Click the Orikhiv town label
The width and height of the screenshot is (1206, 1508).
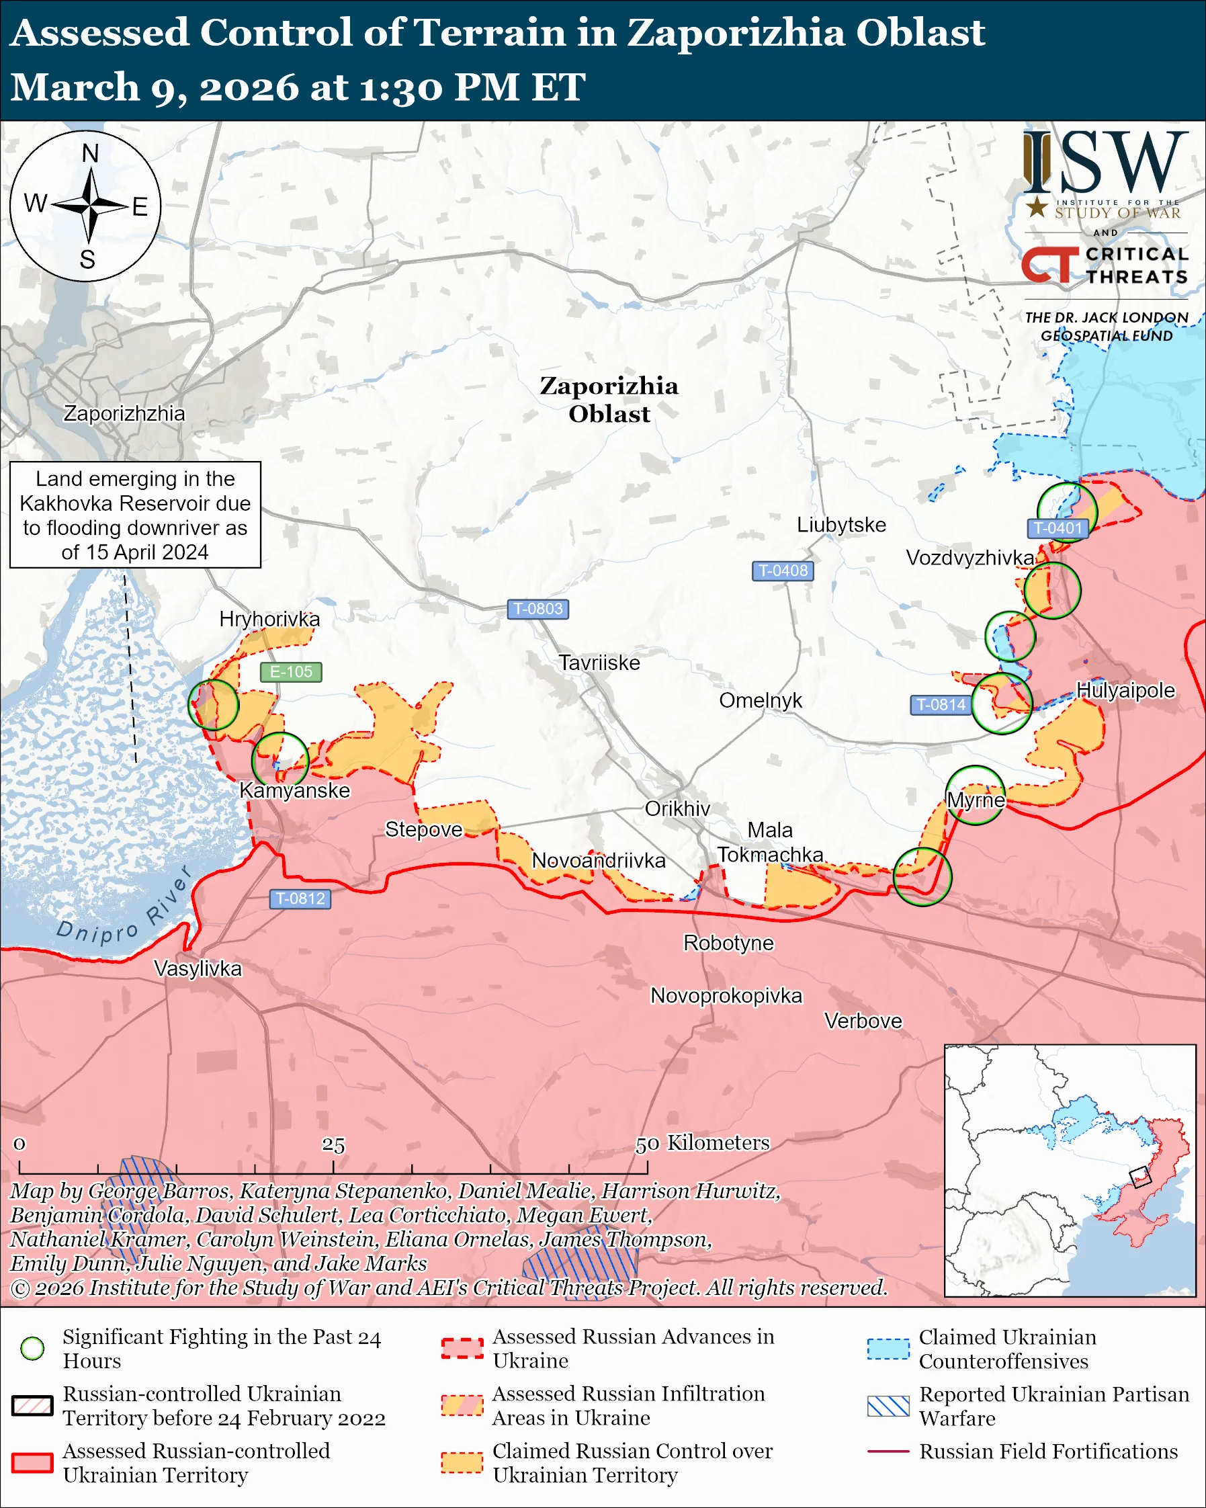pyautogui.click(x=677, y=808)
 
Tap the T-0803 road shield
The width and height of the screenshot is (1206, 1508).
pyautogui.click(x=537, y=609)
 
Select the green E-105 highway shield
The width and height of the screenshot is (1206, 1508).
pyautogui.click(x=291, y=671)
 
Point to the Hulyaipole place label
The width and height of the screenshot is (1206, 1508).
pyautogui.click(x=1125, y=689)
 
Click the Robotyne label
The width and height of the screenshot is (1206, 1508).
pyautogui.click(x=728, y=943)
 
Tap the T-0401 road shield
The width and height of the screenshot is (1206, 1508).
pyautogui.click(x=1057, y=528)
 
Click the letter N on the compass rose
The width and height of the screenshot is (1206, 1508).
pyautogui.click(x=90, y=153)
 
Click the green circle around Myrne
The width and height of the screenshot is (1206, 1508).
pyautogui.click(x=976, y=794)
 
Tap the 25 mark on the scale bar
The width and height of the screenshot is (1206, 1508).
pyautogui.click(x=333, y=1145)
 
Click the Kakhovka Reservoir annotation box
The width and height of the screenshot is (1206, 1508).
pyautogui.click(x=135, y=515)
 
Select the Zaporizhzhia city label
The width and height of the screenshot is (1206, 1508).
pyautogui.click(x=124, y=413)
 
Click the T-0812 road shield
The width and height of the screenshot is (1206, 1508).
pyautogui.click(x=300, y=898)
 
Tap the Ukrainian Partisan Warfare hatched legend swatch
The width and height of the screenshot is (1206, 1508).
pyautogui.click(x=888, y=1406)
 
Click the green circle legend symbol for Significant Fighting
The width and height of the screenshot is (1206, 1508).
pyautogui.click(x=32, y=1348)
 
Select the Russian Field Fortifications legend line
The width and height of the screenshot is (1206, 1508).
pyautogui.click(x=888, y=1452)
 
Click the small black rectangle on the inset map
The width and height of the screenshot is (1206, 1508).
pyautogui.click(x=1139, y=1177)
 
